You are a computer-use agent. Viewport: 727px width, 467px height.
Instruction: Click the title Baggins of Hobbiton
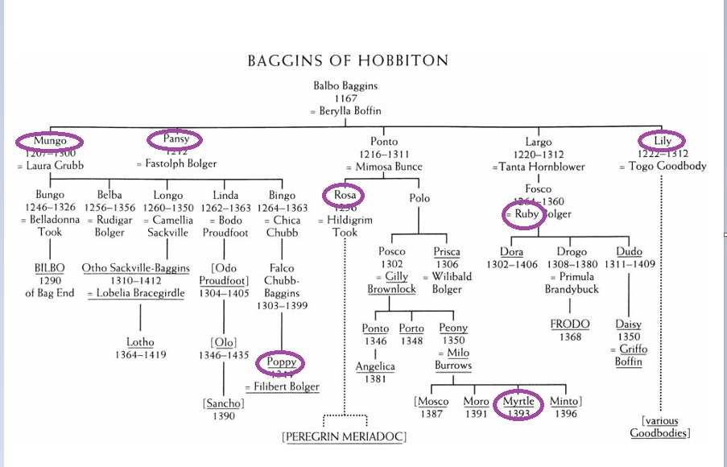coord(347,60)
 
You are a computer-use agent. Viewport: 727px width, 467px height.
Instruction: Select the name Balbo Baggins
coord(345,85)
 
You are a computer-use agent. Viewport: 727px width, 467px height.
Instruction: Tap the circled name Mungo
coord(51,141)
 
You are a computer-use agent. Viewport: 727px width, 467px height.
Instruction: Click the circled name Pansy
coord(176,139)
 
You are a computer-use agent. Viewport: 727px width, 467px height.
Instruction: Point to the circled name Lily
coord(662,141)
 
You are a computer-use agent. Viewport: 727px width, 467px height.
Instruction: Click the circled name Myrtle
coord(518,401)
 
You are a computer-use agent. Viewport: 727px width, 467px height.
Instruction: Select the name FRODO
coord(570,324)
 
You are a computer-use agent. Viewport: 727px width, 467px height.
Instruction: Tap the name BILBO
coord(49,268)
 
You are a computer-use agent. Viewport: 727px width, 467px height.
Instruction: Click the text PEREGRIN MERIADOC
coord(344,436)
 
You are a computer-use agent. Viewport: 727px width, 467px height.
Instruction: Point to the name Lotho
coord(140,342)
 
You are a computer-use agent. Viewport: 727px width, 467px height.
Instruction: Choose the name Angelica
coord(375,366)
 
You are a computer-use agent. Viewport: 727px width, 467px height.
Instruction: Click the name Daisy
coord(628,324)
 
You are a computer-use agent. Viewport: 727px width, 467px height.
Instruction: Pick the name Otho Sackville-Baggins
coord(136,268)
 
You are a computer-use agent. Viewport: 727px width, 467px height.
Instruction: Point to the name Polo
coord(419,197)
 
